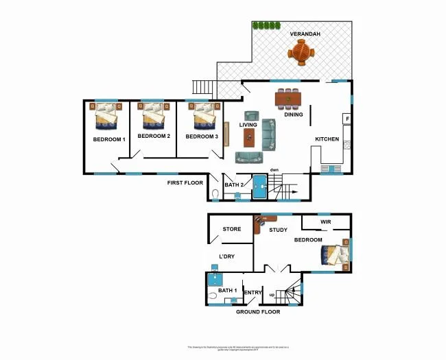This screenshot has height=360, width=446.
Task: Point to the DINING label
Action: (x=294, y=115)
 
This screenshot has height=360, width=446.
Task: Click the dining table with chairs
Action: (x=288, y=99)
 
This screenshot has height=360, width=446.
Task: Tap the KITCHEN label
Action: (x=327, y=139)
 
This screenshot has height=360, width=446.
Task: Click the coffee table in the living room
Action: (x=248, y=137)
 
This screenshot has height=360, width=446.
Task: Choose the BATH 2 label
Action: (x=235, y=185)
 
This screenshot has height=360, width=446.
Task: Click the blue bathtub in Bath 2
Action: (x=260, y=187)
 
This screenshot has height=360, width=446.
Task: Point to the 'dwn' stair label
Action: (x=274, y=169)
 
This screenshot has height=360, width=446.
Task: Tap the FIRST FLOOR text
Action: (x=185, y=183)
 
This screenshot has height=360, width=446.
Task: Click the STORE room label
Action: (x=231, y=229)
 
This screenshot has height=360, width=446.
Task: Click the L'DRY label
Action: (x=228, y=256)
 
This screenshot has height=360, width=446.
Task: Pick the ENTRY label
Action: (x=253, y=293)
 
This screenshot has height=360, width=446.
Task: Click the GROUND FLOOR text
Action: (x=258, y=312)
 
